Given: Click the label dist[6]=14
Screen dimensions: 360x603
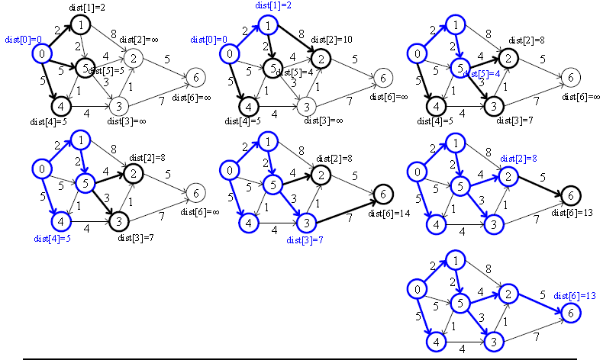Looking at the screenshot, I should tap(390, 213).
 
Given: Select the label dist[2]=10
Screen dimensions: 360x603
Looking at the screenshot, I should tap(327, 39).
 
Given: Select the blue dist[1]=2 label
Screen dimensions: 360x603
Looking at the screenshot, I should tap(274, 5).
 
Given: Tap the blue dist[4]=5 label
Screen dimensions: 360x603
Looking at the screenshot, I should tap(53, 239).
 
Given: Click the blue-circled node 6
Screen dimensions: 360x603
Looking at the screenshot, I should tap(568, 311).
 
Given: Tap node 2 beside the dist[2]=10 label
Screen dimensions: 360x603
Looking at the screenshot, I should tap(321, 57).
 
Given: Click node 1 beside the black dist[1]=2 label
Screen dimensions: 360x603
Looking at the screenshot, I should tap(82, 24).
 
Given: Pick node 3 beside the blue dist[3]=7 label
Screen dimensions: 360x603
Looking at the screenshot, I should tap(305, 222).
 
